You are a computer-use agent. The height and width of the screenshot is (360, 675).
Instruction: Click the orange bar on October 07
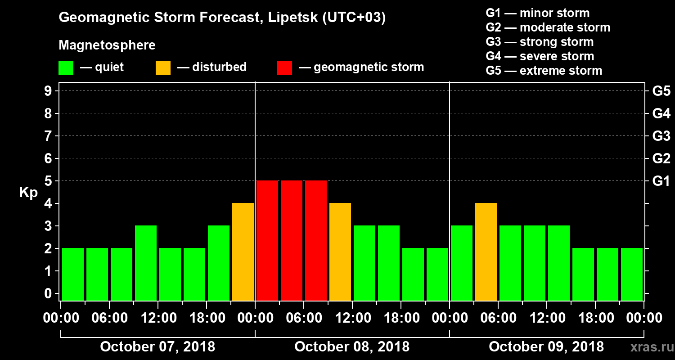(243, 252)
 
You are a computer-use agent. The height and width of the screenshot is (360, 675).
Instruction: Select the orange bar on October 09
(486, 252)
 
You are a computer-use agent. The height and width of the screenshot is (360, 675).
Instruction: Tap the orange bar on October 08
(340, 252)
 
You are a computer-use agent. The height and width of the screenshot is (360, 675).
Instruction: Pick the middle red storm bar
(292, 240)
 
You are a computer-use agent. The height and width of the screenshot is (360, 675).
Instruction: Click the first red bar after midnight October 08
(267, 240)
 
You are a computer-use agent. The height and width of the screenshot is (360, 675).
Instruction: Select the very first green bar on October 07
(73, 274)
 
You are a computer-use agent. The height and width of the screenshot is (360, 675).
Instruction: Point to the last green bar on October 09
(632, 274)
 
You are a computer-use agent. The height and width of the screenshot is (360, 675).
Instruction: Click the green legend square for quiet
(66, 68)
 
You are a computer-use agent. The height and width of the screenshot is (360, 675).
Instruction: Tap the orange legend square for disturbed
(163, 68)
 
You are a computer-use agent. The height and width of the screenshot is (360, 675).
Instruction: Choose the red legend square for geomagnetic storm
(284, 68)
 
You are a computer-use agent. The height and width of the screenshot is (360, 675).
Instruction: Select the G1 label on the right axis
(661, 181)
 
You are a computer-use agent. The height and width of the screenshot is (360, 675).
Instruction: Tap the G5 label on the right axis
(661, 91)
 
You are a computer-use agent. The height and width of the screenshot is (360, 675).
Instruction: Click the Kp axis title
(28, 193)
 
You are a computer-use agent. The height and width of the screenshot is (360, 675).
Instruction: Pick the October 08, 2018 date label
(352, 347)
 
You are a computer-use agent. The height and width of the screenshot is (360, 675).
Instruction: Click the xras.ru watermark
(648, 347)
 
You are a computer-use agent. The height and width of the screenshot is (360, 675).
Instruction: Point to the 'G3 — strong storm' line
(540, 42)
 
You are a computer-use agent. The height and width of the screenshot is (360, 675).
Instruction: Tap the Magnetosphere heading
(107, 45)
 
